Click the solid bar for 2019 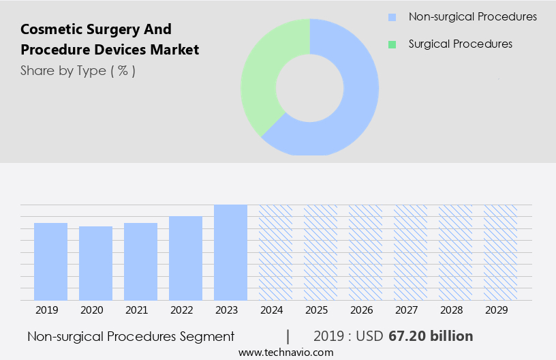coord(50,261)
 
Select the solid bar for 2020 coord(95,263)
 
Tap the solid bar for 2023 coord(230,252)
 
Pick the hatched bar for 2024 coord(275,252)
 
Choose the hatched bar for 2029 coord(500,252)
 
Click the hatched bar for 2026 coord(365,252)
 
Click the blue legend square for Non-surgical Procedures coord(392,17)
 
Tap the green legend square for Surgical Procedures coord(392,44)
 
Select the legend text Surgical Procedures coord(460,44)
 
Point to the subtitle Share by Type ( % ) coord(78,70)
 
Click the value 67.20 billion coord(431,336)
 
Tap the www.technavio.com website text coord(285,352)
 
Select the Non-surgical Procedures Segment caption coord(131,336)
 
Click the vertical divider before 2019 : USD coord(288,336)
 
